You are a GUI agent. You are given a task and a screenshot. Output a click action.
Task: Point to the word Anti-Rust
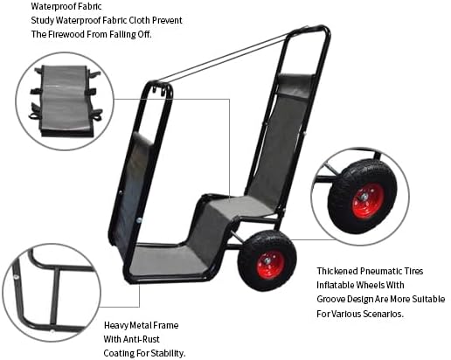click(x=142, y=339)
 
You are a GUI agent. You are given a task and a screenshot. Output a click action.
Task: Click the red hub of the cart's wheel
click(x=270, y=265)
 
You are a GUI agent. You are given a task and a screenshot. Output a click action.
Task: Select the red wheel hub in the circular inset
click(x=368, y=201)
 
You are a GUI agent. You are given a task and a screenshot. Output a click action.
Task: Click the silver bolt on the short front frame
click(x=139, y=220)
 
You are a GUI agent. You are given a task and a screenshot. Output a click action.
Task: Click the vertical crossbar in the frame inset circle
click(x=55, y=297)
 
